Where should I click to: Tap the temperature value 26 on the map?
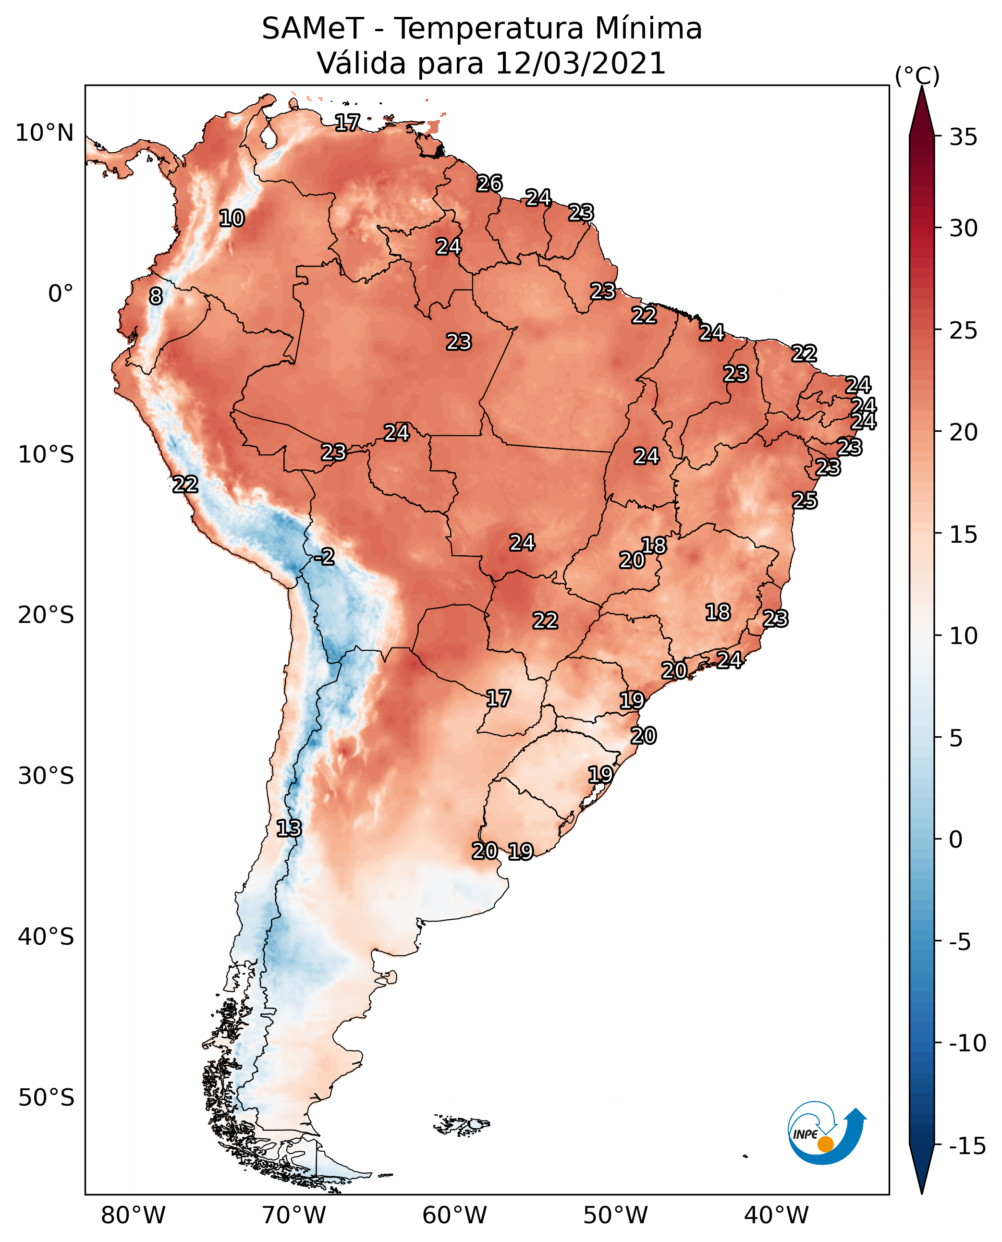[489, 183]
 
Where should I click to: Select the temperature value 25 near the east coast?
[805, 500]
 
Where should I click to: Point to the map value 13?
[289, 829]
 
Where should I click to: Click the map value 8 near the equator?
[156, 297]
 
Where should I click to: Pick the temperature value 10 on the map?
[232, 219]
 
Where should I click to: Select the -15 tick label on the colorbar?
[967, 1146]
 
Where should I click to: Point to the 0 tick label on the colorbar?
[956, 840]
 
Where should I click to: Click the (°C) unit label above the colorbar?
[917, 75]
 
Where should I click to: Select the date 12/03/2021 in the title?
[581, 63]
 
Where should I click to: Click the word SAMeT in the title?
[313, 29]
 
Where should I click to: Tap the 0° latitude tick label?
[61, 294]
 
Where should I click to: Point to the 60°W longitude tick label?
[455, 1216]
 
